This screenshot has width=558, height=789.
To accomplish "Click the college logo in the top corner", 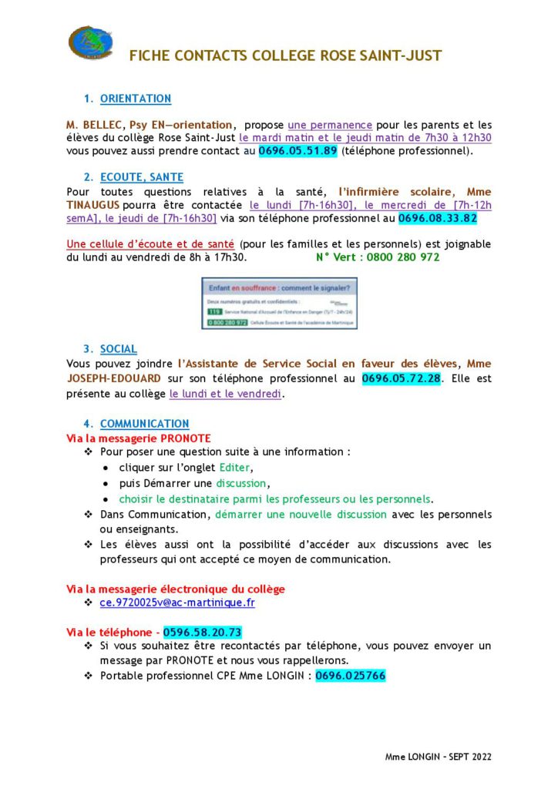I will click(x=90, y=43).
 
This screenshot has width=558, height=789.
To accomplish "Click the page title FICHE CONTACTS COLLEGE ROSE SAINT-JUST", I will click(x=285, y=56).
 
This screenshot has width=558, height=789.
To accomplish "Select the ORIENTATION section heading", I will click(x=136, y=99).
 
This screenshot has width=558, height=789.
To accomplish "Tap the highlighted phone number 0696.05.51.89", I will click(x=297, y=151).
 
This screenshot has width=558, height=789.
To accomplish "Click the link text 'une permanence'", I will click(x=330, y=124).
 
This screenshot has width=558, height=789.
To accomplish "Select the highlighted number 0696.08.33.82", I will click(x=438, y=218).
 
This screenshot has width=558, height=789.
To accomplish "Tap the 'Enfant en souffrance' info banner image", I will click(x=279, y=304).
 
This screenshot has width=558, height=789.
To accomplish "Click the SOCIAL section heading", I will click(x=119, y=349).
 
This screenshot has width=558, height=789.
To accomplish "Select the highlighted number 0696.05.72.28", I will click(x=401, y=378).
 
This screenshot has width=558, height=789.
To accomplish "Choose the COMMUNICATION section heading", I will click(x=144, y=424).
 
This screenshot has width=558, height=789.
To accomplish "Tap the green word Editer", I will click(x=235, y=468).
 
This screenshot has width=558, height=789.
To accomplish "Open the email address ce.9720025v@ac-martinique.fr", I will click(x=177, y=603).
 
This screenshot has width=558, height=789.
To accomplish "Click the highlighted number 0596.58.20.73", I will click(x=203, y=633).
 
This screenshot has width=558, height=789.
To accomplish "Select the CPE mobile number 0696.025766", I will click(x=351, y=676).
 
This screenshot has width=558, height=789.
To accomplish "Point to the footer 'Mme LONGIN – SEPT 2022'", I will click(x=439, y=757).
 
